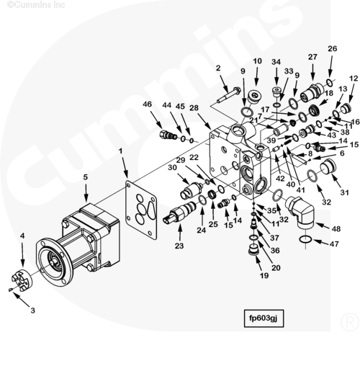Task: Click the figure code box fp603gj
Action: click(264, 318)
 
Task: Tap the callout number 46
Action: click(147, 104)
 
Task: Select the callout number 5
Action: click(86, 177)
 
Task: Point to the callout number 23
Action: click(179, 246)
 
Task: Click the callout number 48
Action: click(336, 229)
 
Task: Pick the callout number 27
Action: click(312, 57)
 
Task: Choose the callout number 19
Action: click(264, 276)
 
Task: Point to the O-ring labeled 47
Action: click(305, 239)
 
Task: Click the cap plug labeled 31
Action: click(328, 167)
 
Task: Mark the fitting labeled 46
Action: click(168, 135)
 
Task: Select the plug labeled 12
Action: click(346, 109)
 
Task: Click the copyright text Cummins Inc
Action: click(36, 4)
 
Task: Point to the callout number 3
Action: click(32, 310)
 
